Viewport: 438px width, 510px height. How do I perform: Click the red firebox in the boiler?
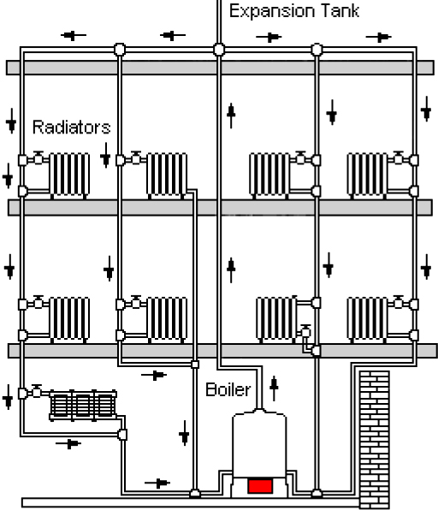click(x=260, y=486)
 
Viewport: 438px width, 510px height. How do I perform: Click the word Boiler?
click(x=228, y=389)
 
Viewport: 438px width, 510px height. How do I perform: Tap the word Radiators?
click(x=72, y=127)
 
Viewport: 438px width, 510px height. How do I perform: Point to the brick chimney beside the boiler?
click(x=374, y=439)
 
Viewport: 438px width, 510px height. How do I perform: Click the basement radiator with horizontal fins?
click(x=83, y=406)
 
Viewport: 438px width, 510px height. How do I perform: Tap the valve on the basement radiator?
click(x=37, y=391)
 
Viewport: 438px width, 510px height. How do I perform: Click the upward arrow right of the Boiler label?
click(x=274, y=388)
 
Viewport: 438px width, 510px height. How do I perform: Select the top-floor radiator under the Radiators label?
click(x=69, y=175)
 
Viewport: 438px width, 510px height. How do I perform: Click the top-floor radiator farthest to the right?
click(x=368, y=175)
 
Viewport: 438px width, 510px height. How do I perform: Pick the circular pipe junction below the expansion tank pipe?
click(x=219, y=50)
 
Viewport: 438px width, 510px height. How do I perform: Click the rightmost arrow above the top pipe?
click(x=378, y=38)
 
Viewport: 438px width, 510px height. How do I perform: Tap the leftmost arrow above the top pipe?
click(x=74, y=35)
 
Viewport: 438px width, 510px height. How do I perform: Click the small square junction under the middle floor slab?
click(x=195, y=365)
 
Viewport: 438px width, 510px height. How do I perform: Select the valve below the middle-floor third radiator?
click(x=305, y=331)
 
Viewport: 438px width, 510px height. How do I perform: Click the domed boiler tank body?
click(x=259, y=443)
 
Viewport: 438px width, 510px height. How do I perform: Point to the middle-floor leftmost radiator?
click(x=69, y=319)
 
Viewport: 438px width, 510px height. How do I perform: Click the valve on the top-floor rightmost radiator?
click(x=399, y=158)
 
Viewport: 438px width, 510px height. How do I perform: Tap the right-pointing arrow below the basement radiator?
click(x=68, y=443)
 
